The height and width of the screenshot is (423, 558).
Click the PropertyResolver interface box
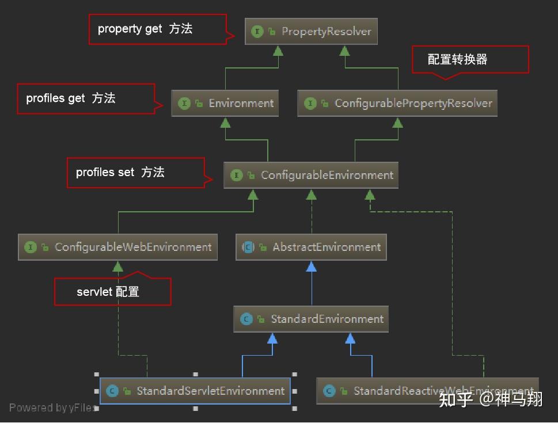point(312,31)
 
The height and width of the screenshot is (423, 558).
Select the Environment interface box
point(225,104)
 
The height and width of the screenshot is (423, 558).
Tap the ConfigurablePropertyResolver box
point(397,104)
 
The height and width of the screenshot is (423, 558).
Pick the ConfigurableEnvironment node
point(311,175)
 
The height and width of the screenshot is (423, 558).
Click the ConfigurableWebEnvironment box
point(117,247)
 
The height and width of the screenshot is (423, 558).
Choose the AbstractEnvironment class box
point(311,247)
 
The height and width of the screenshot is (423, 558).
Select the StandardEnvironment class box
point(311,319)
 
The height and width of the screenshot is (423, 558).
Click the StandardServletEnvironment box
point(195,391)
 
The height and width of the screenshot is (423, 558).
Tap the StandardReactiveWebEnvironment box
point(427,391)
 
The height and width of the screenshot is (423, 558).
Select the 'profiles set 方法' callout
point(135,172)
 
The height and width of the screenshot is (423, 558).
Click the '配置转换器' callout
point(470,59)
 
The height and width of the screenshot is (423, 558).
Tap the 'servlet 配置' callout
point(112,292)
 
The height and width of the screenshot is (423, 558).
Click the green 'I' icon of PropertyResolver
point(257,32)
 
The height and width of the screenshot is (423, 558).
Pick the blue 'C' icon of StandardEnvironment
point(246,319)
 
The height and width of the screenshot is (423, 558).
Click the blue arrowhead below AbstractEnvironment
point(312,266)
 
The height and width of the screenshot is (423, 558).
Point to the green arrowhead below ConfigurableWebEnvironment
point(117,266)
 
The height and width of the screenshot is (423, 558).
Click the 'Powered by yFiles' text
point(52,408)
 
